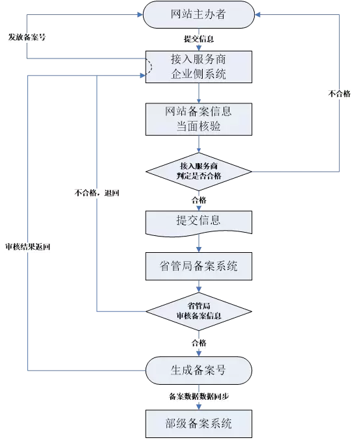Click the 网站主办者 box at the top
click(198, 14)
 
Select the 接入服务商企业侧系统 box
click(198, 66)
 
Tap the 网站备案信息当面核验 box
click(198, 119)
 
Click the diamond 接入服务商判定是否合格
click(198, 172)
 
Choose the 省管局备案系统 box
click(198, 266)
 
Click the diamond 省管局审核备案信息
click(198, 311)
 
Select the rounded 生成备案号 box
click(198, 370)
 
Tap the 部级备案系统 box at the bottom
click(198, 425)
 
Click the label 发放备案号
click(27, 37)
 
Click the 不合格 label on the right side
click(339, 94)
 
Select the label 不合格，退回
click(97, 193)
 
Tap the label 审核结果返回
click(27, 247)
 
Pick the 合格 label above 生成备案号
click(198, 343)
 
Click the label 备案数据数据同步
click(198, 396)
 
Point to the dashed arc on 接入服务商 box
click(149, 66)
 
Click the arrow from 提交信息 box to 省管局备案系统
click(198, 244)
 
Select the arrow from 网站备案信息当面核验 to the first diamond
click(198, 145)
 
